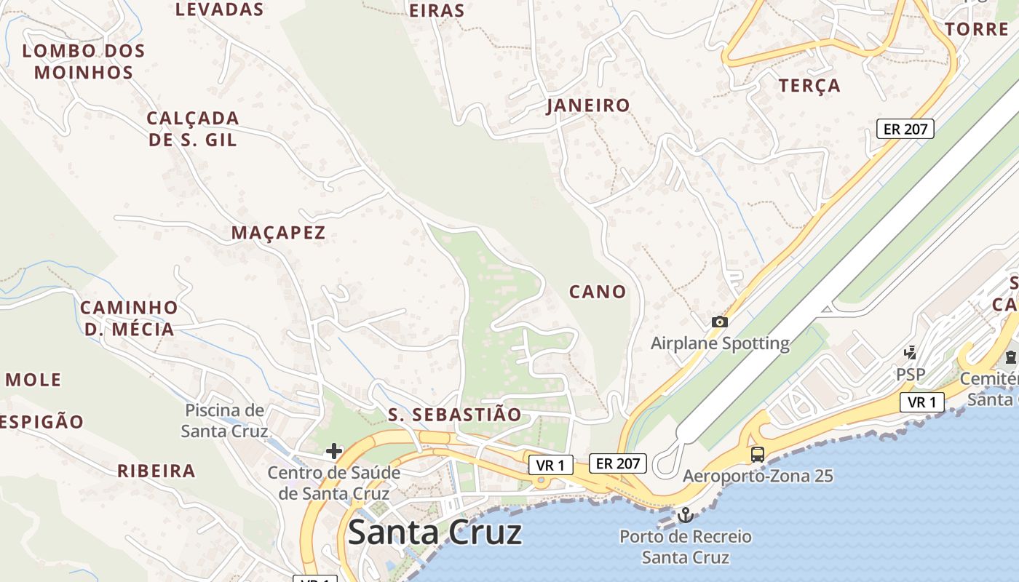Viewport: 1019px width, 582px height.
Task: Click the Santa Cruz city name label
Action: [435, 533]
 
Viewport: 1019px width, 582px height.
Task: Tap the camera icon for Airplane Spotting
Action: [719, 322]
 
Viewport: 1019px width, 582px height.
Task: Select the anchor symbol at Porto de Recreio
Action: [684, 515]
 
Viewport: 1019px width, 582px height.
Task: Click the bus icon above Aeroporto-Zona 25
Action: [758, 455]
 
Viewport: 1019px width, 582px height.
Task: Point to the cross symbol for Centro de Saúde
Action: [334, 452]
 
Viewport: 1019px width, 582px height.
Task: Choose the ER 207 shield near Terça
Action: [905, 129]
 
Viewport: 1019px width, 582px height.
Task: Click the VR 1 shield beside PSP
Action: [922, 402]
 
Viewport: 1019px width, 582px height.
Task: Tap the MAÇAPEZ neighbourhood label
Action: [278, 233]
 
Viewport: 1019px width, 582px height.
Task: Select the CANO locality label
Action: [598, 292]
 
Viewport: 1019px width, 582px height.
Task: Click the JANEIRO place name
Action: [588, 105]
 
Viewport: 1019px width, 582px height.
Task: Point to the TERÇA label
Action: [809, 86]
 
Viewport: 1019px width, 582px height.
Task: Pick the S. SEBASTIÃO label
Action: [455, 415]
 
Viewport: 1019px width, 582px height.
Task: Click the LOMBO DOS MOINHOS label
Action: [84, 62]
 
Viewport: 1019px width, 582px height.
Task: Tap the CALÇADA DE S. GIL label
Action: [193, 129]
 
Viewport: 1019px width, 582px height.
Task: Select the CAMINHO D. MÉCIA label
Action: [129, 319]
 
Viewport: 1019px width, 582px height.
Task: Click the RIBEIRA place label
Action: [156, 471]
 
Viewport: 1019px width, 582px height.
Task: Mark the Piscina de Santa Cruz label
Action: [224, 420]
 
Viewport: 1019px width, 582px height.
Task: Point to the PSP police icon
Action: [910, 353]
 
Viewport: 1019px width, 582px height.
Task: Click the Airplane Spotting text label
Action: [720, 343]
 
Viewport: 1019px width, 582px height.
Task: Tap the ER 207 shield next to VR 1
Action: [617, 463]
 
